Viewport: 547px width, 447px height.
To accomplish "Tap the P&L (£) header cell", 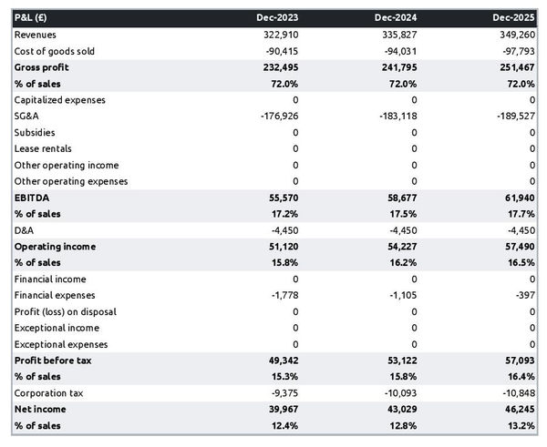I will click(34, 18).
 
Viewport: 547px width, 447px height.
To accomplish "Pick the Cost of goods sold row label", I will click(54, 51).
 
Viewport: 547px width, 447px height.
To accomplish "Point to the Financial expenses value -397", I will click(524, 295).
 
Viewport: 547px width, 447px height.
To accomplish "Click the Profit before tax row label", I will click(53, 361).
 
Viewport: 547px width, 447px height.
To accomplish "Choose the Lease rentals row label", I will click(43, 148).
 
